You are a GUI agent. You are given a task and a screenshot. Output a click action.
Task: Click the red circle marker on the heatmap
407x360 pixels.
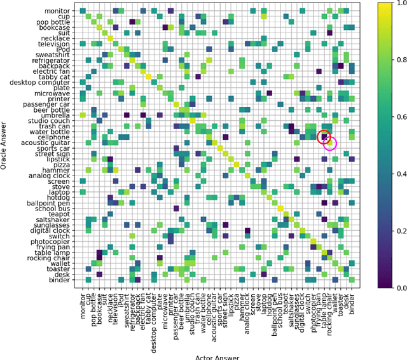[x=325, y=137]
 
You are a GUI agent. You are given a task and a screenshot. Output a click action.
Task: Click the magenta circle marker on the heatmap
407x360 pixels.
[x=330, y=143]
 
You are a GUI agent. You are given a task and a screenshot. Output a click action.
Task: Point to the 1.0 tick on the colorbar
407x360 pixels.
[x=387, y=4]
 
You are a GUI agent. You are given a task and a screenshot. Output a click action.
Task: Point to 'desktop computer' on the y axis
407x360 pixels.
[x=42, y=83]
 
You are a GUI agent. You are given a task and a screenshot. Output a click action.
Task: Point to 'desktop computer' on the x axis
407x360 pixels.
[x=154, y=318]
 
